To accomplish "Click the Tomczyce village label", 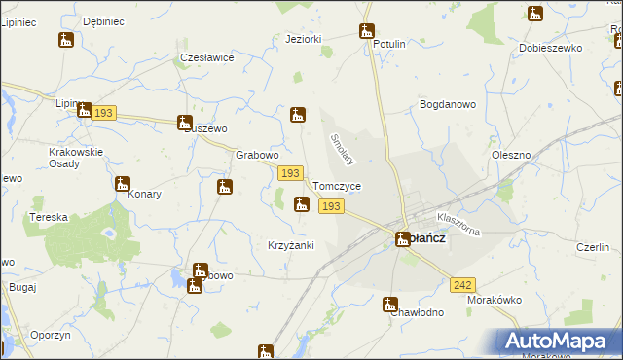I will (x=338, y=186).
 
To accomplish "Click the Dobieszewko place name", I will (x=551, y=47).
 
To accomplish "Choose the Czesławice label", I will (x=207, y=57).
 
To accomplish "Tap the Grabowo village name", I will (x=258, y=155).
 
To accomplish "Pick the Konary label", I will (x=144, y=194).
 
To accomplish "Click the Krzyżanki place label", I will (x=291, y=245).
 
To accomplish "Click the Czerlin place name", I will (x=592, y=247).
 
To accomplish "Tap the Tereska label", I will (x=48, y=217).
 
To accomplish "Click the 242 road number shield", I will (x=462, y=284).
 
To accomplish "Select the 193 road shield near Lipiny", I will (x=105, y=113).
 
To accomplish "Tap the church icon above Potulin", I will (x=367, y=31).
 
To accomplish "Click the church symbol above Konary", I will (x=123, y=184).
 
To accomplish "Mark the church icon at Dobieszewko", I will (x=535, y=14).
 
